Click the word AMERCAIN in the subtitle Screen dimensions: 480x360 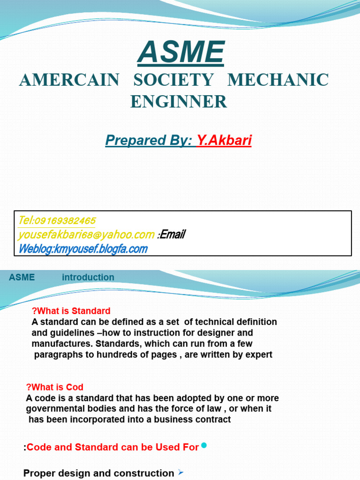[x=69, y=80]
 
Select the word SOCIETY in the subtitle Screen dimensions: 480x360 [x=173, y=80]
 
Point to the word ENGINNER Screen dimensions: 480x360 [x=179, y=102]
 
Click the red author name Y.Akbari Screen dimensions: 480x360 [x=224, y=140]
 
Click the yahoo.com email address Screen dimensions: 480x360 [x=86, y=234]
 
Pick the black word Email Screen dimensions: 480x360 [x=173, y=234]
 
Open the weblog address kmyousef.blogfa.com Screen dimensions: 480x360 [x=101, y=249]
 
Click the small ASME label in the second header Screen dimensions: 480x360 [x=22, y=277]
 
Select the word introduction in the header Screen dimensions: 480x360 [x=88, y=277]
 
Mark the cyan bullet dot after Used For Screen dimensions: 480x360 [x=204, y=445]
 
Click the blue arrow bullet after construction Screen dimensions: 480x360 [x=181, y=472]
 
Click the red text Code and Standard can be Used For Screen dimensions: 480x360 [x=112, y=447]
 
